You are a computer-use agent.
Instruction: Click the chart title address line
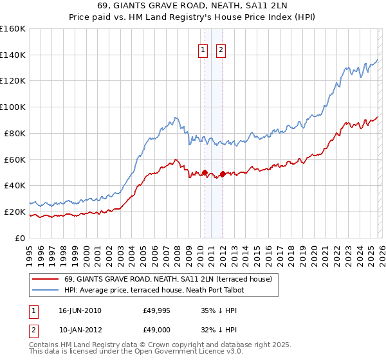[193, 6]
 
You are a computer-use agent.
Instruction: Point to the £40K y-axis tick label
[14, 186]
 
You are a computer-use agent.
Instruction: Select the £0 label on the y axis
[19, 238]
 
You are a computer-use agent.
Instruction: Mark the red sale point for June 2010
[205, 172]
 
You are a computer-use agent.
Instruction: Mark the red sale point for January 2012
[223, 174]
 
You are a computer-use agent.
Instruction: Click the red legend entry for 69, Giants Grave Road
[168, 279]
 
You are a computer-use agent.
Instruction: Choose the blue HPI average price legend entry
[155, 290]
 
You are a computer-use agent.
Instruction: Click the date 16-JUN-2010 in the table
[80, 310]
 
